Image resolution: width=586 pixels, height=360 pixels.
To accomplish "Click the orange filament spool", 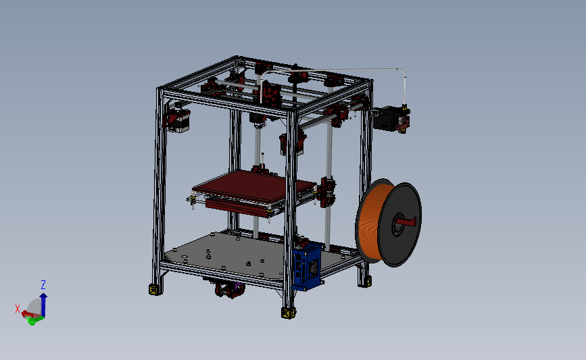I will [x=370, y=223].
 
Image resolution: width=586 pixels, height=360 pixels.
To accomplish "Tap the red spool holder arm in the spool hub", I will [x=406, y=221].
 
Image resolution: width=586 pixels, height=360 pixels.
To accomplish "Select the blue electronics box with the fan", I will [x=308, y=266].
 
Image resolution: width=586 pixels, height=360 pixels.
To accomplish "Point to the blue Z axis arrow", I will [x=43, y=304].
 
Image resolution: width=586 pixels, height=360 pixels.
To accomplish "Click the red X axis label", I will [x=18, y=309].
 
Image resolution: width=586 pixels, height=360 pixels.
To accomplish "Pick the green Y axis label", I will [x=32, y=322].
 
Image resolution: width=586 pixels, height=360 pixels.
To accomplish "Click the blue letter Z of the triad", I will [x=43, y=284].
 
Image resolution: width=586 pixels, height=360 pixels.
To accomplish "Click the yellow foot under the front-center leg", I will [x=288, y=313].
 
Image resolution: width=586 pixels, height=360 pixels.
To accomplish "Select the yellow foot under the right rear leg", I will [x=365, y=280].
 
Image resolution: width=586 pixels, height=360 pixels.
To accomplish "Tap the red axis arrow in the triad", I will [x=28, y=314].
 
